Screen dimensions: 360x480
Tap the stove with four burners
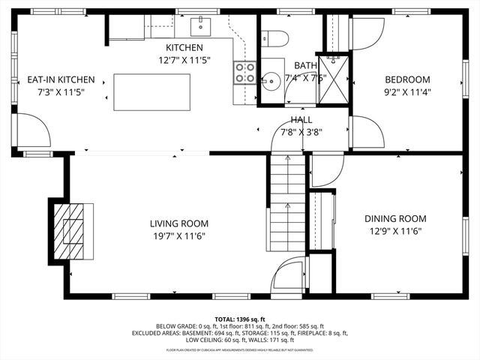(245, 72)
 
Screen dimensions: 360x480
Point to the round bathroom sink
(271, 77)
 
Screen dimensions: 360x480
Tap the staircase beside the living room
(287, 202)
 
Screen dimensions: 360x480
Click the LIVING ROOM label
(178, 223)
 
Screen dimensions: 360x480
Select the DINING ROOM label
(394, 218)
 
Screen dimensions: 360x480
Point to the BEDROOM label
(407, 80)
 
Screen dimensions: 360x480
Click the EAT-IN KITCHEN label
(61, 79)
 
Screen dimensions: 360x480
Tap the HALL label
(301, 120)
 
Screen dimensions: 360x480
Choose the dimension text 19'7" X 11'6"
(178, 235)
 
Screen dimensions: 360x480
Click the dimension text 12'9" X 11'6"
(394, 231)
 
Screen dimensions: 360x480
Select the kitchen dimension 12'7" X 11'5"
(184, 59)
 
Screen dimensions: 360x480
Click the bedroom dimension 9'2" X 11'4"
(407, 92)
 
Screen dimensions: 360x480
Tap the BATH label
(305, 66)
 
